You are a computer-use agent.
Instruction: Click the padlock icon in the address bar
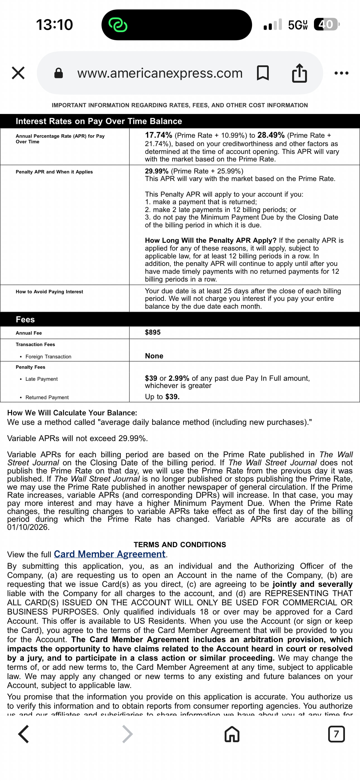59,73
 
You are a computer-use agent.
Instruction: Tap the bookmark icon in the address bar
263,73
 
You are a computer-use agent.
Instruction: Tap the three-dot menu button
341,73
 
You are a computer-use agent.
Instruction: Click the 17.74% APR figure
159,135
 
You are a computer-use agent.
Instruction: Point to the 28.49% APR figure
271,135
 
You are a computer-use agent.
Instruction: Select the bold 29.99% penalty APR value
157,171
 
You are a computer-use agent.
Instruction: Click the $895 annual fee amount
153,332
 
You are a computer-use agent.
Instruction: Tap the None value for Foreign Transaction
154,356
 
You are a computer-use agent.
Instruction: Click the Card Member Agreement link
110,554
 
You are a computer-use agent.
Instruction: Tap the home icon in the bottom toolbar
232,734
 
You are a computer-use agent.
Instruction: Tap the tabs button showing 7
336,734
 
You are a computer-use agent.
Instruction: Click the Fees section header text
25,320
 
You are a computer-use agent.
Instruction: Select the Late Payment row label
42,379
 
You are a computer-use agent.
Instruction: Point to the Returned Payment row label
47,397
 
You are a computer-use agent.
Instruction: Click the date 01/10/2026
28,527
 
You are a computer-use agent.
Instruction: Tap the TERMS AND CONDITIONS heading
180,544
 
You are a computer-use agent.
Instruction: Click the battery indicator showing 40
326,24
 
